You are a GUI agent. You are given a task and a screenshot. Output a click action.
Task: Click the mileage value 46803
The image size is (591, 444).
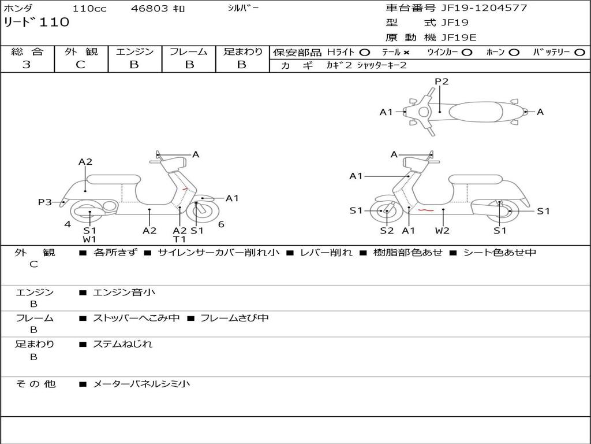click(149, 9)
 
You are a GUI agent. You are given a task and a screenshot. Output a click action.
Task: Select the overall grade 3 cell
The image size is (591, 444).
click(27, 65)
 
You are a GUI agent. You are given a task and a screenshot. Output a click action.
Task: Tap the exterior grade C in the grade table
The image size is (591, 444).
click(81, 65)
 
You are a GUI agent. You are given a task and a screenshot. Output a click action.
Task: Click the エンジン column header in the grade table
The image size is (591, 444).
click(134, 51)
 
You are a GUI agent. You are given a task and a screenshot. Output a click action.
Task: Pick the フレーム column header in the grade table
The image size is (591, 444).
click(188, 51)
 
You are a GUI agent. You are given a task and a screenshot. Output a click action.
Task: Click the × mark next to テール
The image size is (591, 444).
click(406, 52)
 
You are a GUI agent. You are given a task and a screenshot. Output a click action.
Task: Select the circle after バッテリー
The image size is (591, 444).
click(579, 52)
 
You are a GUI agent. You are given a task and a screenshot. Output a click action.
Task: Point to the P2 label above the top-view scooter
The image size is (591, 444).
click(442, 82)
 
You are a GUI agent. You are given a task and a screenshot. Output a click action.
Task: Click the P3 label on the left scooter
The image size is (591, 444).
click(45, 202)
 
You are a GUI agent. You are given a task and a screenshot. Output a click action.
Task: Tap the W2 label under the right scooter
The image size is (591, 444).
click(443, 231)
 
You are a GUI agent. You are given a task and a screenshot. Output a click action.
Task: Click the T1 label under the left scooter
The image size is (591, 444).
click(179, 239)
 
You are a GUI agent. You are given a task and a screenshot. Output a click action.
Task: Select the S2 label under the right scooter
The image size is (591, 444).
click(387, 231)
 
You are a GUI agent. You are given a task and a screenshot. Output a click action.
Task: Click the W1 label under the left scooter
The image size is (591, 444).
click(89, 239)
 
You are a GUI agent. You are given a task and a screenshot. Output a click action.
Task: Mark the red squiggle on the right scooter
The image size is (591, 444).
click(426, 210)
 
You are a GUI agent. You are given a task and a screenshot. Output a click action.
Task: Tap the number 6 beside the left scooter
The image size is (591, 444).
click(221, 224)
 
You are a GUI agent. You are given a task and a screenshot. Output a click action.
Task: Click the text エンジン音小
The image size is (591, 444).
click(124, 293)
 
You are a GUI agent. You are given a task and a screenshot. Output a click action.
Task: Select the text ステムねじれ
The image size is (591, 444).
click(123, 344)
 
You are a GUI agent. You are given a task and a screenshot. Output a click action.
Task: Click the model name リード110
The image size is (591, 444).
click(37, 23)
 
